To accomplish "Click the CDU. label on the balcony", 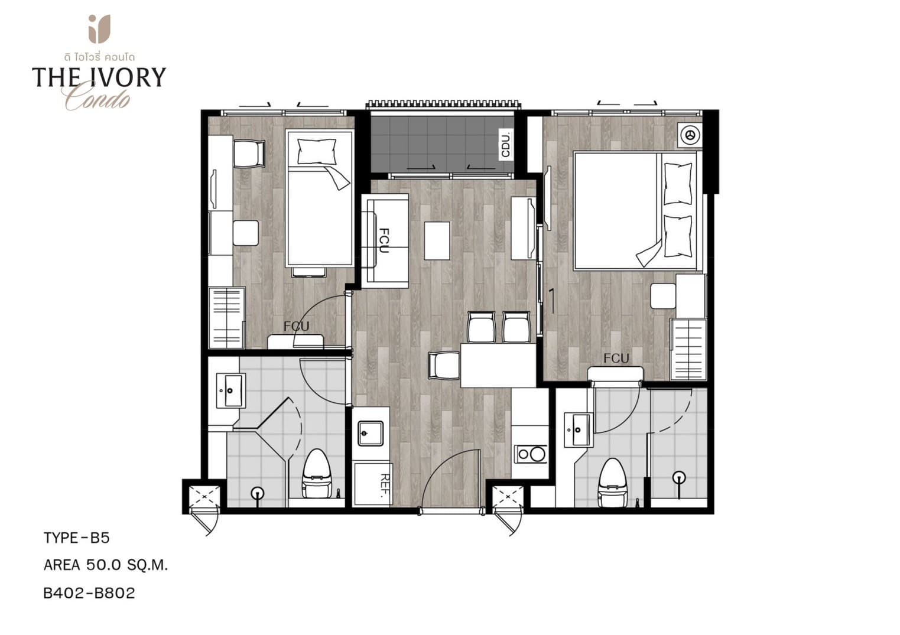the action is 506,144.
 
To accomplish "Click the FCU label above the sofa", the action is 384,240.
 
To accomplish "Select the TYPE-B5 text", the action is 76,538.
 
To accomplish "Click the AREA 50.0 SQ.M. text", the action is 106,565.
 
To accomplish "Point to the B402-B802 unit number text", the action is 89,593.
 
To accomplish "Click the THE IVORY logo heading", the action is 99,77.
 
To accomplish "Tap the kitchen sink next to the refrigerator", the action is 371,433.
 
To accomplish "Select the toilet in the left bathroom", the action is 317,474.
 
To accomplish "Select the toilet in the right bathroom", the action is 613,484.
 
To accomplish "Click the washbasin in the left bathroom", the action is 230,391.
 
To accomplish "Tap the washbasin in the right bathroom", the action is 578,430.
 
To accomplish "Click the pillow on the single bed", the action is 317,152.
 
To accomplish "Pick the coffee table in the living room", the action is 437,240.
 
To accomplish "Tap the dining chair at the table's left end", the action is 444,365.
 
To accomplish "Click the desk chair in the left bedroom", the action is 249,154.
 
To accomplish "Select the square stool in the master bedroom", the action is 664,296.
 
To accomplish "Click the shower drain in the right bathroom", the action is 679,477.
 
